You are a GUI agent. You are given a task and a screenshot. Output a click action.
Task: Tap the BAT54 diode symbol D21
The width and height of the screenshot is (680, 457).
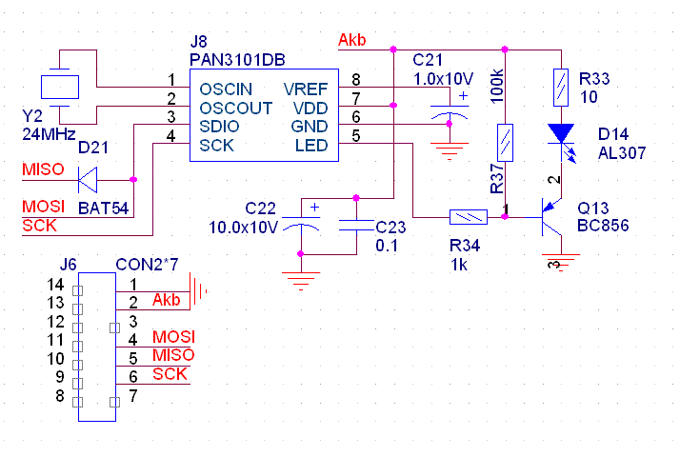point(90,178)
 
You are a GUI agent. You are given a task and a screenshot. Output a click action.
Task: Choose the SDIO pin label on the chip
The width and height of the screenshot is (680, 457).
point(218,126)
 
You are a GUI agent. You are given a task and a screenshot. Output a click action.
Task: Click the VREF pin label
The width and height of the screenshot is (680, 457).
point(306,89)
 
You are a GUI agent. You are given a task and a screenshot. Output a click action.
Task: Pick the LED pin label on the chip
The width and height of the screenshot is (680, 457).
point(312,145)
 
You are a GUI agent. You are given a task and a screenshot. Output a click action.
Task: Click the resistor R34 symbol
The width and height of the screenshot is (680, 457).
point(467,217)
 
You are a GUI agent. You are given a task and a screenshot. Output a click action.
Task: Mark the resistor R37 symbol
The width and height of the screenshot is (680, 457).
point(506,142)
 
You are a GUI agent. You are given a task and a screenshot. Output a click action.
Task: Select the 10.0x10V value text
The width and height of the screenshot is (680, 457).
point(243,227)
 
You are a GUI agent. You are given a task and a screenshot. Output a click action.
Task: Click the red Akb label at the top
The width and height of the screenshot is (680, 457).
point(352,40)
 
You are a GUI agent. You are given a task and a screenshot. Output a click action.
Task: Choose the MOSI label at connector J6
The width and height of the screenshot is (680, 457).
point(173,338)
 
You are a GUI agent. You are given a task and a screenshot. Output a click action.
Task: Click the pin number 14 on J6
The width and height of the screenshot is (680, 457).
point(55,285)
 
